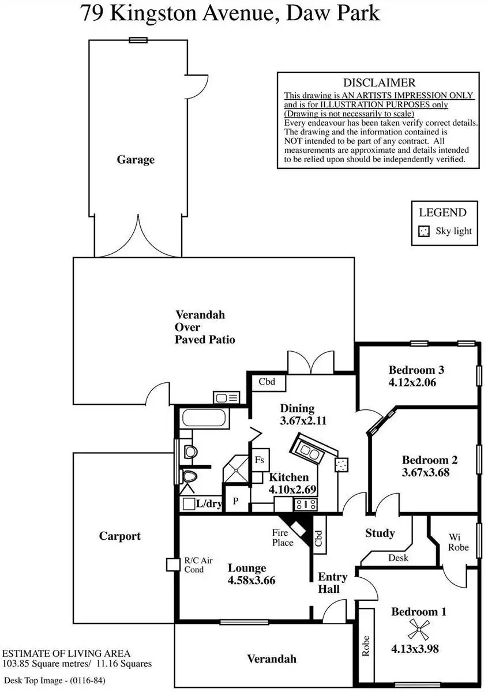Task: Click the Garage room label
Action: [x=136, y=160]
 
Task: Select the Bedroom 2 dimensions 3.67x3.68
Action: [x=426, y=472]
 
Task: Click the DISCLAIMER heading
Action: [x=379, y=83]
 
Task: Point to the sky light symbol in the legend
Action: [x=424, y=231]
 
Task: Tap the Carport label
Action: [x=120, y=536]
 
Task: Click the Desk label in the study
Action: [x=399, y=558]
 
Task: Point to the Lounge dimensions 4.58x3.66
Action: [x=251, y=580]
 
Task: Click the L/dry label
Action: [x=209, y=503]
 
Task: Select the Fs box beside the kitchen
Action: [x=260, y=460]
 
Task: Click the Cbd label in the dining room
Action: [x=266, y=382]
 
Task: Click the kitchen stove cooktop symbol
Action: [x=306, y=505]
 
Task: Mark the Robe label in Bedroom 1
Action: [x=366, y=645]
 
